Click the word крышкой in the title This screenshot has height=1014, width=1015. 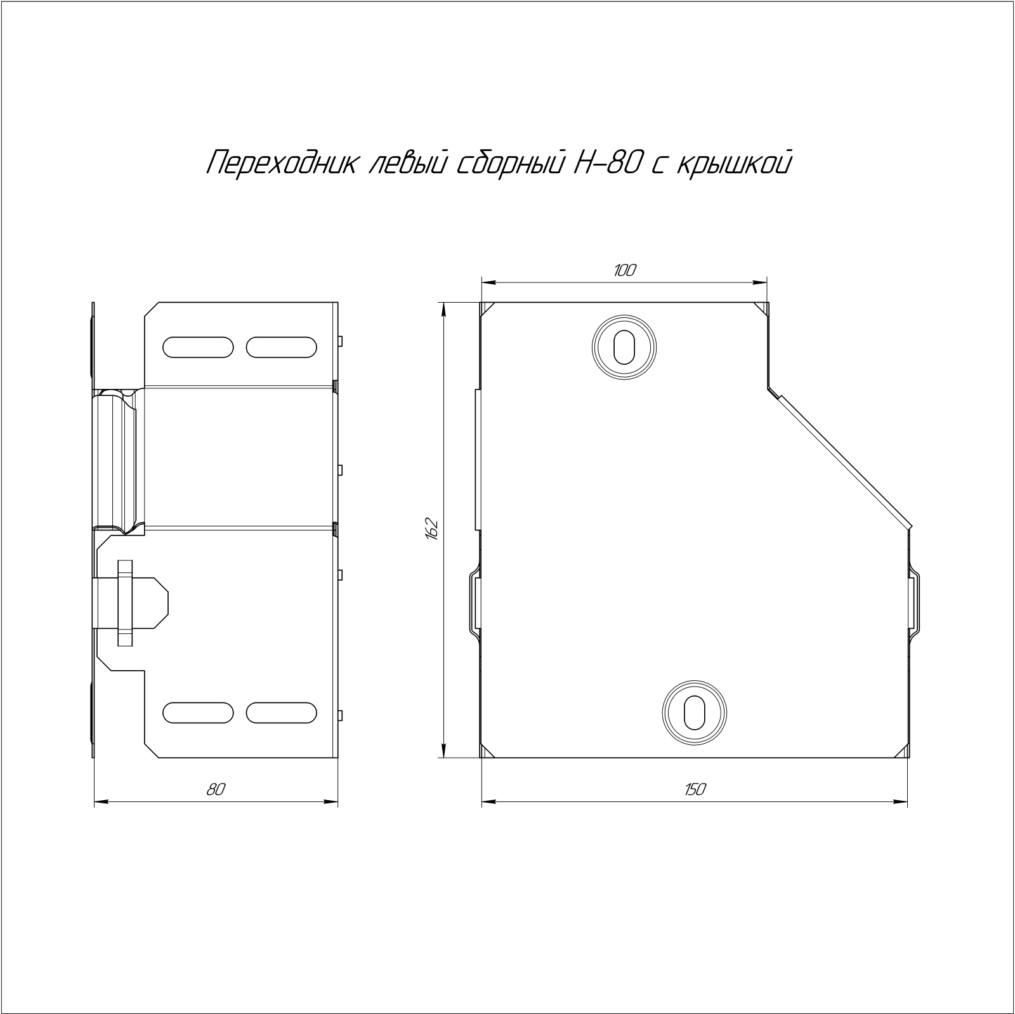pyautogui.click(x=735, y=164)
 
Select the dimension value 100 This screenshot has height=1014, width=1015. pyautogui.click(x=624, y=271)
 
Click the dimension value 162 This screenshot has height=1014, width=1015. pyautogui.click(x=433, y=529)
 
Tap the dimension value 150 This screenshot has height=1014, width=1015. pyautogui.click(x=695, y=789)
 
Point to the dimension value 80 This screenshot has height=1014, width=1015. pyautogui.click(x=216, y=789)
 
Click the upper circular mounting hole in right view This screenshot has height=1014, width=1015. pyautogui.click(x=624, y=347)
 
